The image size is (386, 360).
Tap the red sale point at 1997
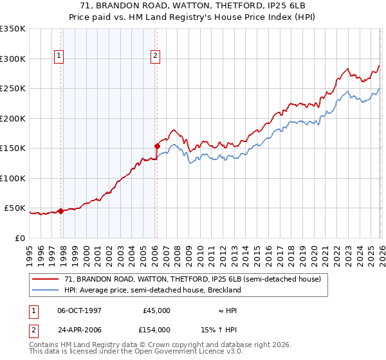coord(60,211)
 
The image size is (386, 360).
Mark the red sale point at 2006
coord(157,146)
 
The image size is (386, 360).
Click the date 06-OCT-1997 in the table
coord(80,310)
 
